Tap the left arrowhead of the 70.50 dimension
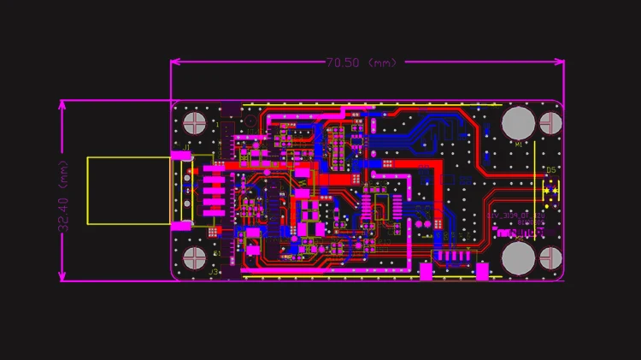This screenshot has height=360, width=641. (x=175, y=62)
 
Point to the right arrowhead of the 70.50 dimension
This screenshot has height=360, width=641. (x=560, y=62)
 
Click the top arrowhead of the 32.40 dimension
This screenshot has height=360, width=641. (x=62, y=104)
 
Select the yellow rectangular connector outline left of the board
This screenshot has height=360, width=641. (x=128, y=191)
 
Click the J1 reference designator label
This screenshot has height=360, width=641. (x=187, y=150)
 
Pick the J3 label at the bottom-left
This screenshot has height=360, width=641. (x=215, y=272)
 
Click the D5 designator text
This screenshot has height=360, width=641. (x=551, y=169)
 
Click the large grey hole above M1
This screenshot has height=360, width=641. (x=518, y=121)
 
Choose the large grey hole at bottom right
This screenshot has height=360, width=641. (x=518, y=257)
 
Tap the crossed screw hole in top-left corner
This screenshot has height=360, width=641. (x=195, y=122)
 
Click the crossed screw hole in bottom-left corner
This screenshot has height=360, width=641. (x=195, y=258)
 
